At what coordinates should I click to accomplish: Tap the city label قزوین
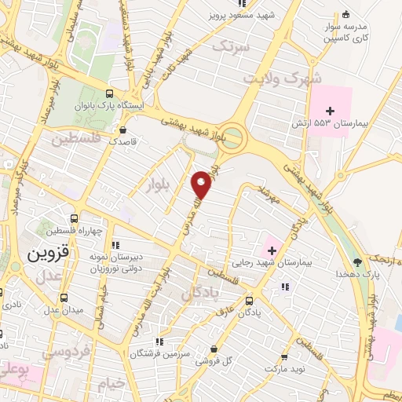coord(48,254)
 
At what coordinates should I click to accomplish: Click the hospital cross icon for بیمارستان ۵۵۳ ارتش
coord(331,111)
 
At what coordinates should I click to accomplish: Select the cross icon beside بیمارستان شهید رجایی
coord(272,250)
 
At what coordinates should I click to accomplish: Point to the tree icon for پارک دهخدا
coord(358,261)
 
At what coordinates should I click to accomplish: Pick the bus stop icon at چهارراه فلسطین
coord(74,218)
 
